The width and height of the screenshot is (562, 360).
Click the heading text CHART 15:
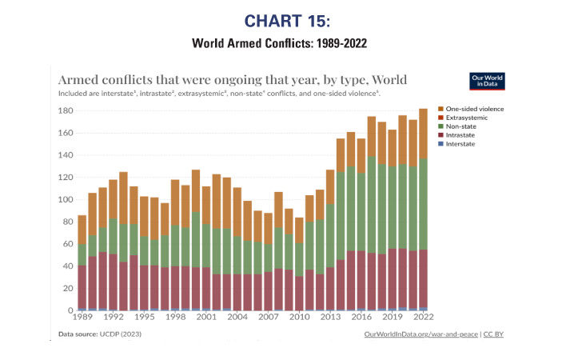[281, 19]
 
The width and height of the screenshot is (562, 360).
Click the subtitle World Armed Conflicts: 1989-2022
[281, 42]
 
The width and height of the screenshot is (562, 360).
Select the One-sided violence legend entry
[476, 109]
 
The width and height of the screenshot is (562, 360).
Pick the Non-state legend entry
[463, 126]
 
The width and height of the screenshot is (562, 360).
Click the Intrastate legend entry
[463, 135]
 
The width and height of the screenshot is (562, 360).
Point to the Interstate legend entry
[463, 144]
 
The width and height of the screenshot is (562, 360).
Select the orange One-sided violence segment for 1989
[82, 230]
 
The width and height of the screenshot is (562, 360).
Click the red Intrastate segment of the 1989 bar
[82, 286]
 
